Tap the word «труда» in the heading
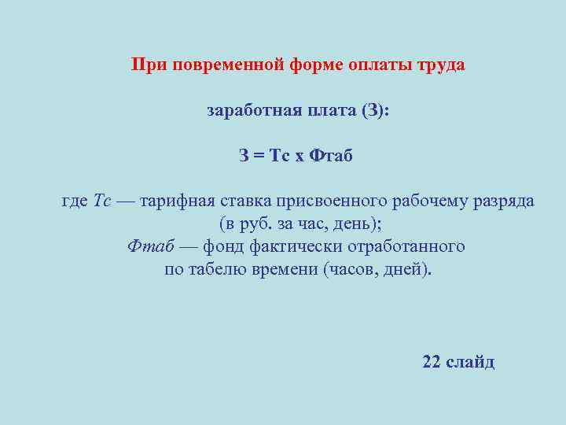coord(441,65)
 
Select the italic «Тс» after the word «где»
coord(102,201)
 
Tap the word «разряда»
coord(505,201)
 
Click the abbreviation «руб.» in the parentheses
coord(255,224)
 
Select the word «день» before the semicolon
coord(357,224)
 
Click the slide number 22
coord(432,362)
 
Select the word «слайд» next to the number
coord(471,362)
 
